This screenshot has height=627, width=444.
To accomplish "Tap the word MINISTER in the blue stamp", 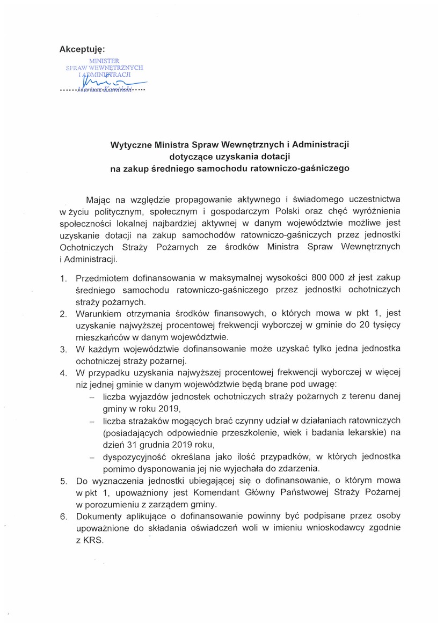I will click(x=105, y=61).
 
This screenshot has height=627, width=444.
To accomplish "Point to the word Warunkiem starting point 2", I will click(x=98, y=313).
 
